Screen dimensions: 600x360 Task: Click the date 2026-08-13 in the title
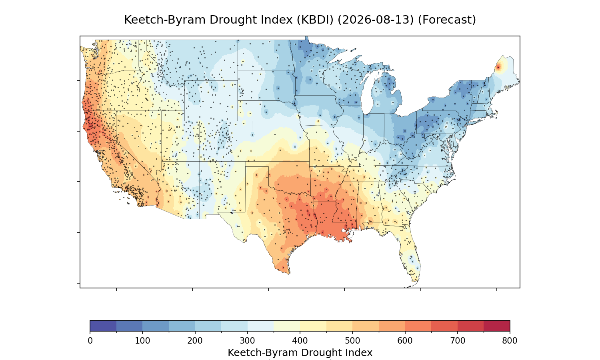coord(376,20)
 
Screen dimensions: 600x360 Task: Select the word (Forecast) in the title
coord(447,20)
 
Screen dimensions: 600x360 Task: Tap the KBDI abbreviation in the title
coord(315,20)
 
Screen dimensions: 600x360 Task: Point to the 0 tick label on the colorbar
coord(90,341)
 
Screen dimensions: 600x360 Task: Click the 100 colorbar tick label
coord(142,341)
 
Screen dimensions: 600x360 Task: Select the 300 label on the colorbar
coord(248,341)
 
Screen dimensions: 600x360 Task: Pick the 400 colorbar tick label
coord(300,341)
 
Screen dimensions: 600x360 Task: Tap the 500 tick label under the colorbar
coord(352,341)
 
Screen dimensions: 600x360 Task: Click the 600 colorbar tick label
coord(405,341)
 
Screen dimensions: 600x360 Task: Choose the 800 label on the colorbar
coord(510,341)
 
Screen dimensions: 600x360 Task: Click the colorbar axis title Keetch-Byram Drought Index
coord(300,353)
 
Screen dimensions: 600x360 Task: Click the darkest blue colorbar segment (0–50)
coord(103,326)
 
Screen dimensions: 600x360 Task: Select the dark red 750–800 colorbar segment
coord(497,326)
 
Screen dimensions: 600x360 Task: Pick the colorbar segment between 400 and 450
coord(313,326)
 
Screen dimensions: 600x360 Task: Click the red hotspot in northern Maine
coord(498,68)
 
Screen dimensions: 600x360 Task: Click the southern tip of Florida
coord(415,281)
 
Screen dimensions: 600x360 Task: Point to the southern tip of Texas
coord(289,274)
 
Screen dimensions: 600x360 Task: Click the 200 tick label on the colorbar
coord(195,341)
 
